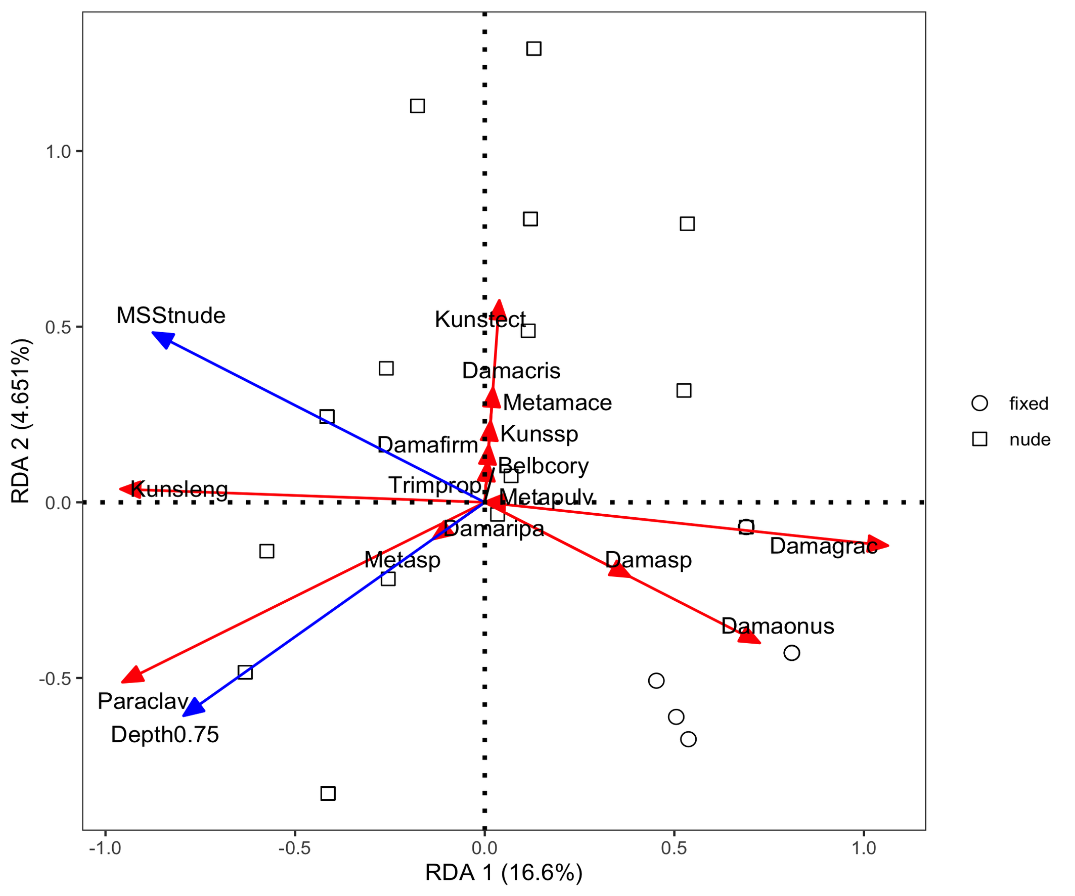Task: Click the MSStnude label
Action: point(170,316)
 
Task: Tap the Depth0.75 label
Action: point(165,735)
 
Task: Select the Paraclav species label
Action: point(143,701)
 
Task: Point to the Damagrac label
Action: point(823,546)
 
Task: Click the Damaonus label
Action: point(778,626)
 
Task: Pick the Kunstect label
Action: point(480,320)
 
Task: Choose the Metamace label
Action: point(557,403)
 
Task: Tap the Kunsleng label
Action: point(179,489)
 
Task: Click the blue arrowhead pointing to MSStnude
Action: point(163,338)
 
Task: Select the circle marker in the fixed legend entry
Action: point(979,404)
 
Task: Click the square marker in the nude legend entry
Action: point(979,439)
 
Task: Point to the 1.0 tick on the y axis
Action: point(58,152)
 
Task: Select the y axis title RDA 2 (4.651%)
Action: point(22,421)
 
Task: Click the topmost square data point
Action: point(534,49)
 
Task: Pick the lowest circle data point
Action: point(689,739)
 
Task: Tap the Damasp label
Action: point(648,560)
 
